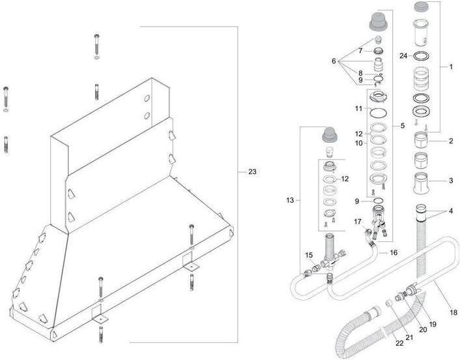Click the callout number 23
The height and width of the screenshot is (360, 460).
tap(252, 172)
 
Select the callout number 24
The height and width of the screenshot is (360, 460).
tap(404, 56)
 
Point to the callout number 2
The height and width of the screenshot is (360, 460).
tap(450, 140)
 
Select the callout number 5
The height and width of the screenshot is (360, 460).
tap(402, 125)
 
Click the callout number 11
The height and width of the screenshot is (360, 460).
tap(359, 108)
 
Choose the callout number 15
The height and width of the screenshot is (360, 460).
tap(309, 255)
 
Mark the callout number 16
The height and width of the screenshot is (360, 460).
tap(393, 252)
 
